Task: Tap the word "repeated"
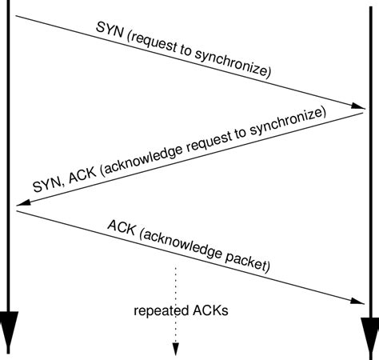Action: (x=159, y=311)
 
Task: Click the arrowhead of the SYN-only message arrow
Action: (x=358, y=106)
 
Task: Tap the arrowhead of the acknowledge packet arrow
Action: (x=358, y=301)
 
